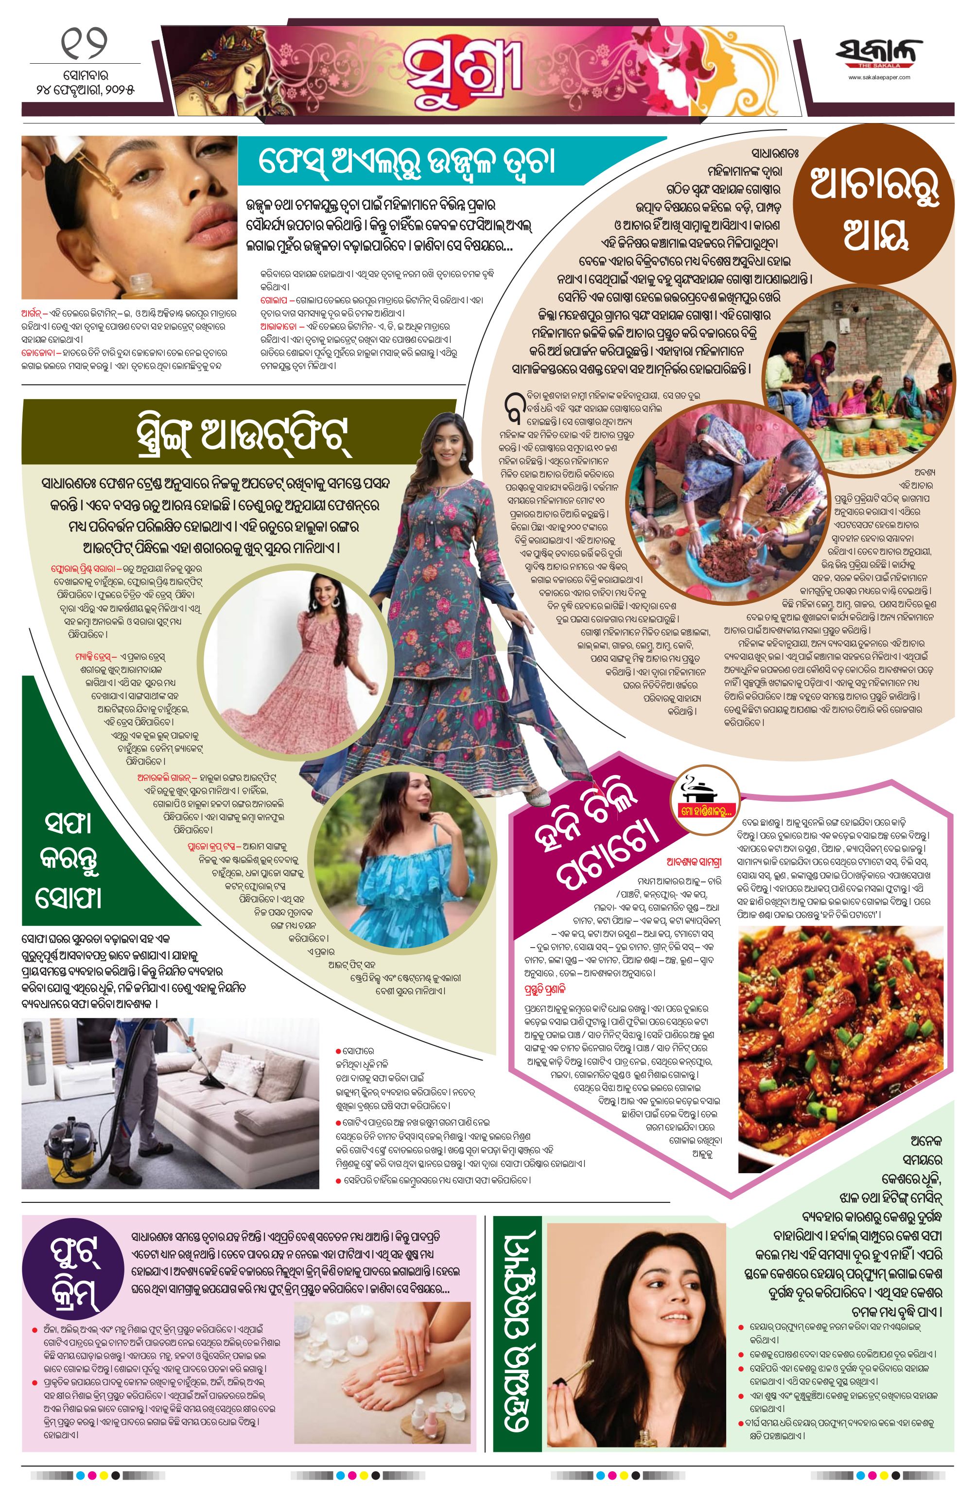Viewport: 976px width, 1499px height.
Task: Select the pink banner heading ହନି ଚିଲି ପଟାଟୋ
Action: coord(592,837)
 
